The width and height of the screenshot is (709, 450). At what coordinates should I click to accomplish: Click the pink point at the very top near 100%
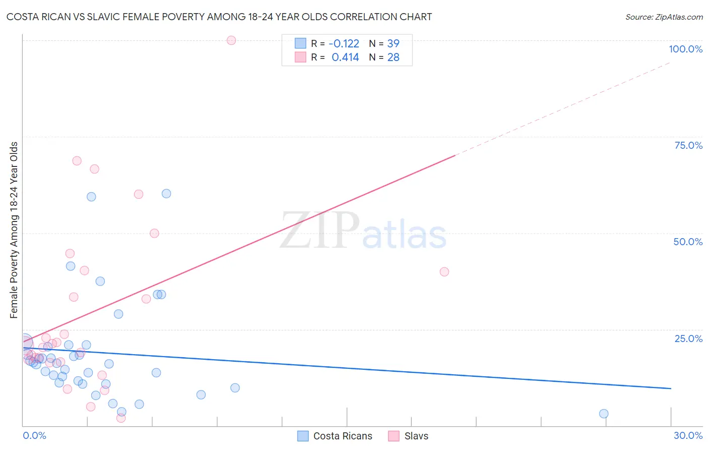point(231,40)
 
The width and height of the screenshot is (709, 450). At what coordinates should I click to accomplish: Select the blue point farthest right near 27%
point(604,414)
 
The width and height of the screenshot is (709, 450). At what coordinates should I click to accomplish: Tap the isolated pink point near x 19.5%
point(444,272)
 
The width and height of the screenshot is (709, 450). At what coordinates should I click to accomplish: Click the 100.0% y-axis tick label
point(685,49)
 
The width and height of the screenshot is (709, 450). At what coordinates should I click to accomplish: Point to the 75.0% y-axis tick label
point(688,145)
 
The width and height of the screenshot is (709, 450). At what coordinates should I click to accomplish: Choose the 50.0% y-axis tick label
point(688,242)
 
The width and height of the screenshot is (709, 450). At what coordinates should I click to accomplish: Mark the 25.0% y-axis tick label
point(688,338)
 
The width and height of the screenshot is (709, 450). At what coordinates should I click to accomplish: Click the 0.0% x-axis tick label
point(34,435)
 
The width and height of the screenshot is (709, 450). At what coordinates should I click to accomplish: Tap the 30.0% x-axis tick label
point(688,435)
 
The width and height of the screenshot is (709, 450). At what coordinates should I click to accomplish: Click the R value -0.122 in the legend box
point(344,44)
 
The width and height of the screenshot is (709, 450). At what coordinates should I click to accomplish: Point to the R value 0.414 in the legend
point(345,58)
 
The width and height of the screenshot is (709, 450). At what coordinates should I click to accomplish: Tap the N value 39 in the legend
point(393,44)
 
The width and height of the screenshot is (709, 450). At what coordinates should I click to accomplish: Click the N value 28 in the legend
point(393,58)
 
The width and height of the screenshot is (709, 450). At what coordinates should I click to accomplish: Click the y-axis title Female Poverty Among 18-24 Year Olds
point(14,230)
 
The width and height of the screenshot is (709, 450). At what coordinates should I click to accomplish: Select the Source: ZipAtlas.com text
point(664,17)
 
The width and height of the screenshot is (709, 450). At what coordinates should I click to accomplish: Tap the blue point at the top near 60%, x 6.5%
point(166,194)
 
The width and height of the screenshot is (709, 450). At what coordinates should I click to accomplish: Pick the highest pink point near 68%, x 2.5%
point(77,161)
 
